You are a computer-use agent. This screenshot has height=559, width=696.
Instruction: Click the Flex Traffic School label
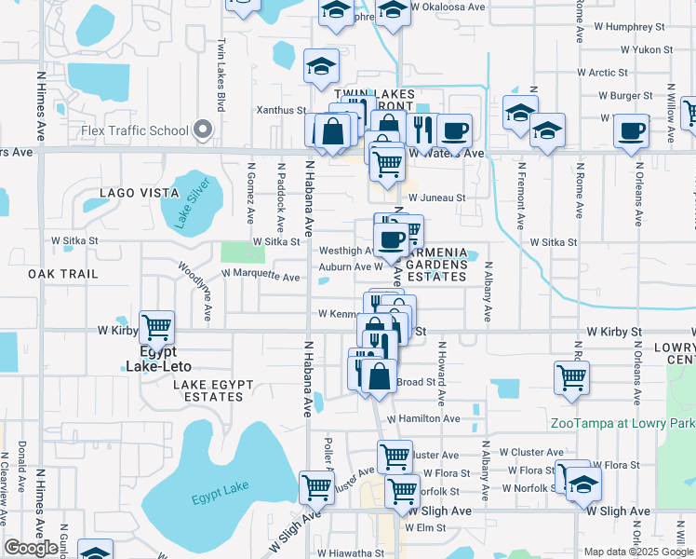pyautogui.click(x=134, y=130)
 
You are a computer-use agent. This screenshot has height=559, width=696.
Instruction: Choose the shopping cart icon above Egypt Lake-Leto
pyautogui.click(x=157, y=327)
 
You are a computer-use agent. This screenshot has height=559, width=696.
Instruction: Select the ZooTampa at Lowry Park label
pyautogui.click(x=622, y=423)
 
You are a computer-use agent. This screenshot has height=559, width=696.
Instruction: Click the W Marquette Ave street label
pyautogui.click(x=261, y=277)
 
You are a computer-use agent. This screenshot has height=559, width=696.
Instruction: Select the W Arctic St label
pyautogui.click(x=609, y=72)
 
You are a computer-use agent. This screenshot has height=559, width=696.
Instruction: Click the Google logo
pyautogui.click(x=32, y=548)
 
